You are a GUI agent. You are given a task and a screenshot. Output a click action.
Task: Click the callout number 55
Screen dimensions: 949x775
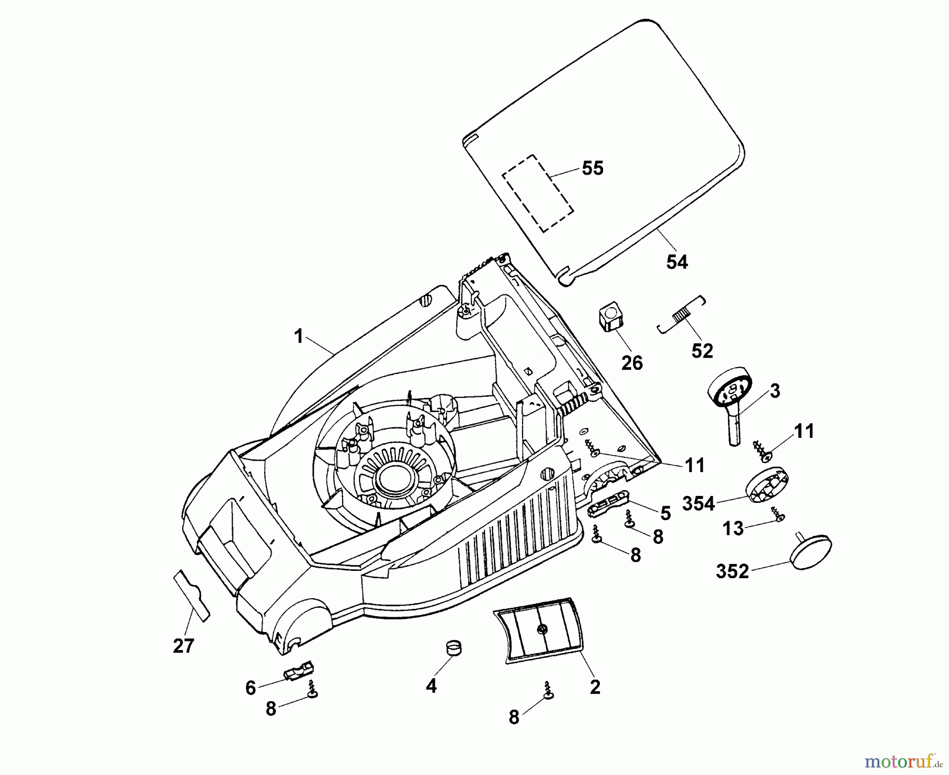(x=592, y=169)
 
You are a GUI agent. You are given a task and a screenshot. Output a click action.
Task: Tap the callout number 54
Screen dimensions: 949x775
(x=677, y=262)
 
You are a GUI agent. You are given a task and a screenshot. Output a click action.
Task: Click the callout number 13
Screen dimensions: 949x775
(x=732, y=529)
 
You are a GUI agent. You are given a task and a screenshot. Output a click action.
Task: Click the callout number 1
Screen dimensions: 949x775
(x=299, y=336)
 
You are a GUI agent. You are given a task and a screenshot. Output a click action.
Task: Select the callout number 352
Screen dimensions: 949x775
(x=732, y=571)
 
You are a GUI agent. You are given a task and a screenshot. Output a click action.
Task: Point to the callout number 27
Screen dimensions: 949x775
(x=183, y=646)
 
